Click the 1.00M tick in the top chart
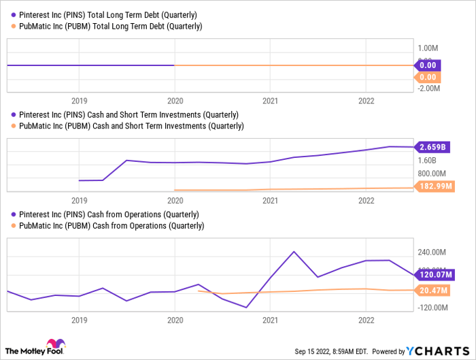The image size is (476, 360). pos(427,48)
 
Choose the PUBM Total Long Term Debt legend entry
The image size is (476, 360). pos(110,26)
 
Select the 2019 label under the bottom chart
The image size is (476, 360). pos(79,318)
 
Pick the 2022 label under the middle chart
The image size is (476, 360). pos(366,201)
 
